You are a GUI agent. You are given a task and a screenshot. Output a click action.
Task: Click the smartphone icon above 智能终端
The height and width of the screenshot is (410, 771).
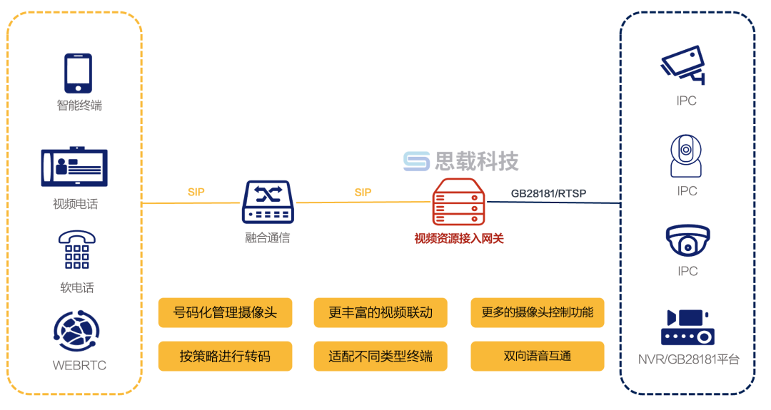[79, 73]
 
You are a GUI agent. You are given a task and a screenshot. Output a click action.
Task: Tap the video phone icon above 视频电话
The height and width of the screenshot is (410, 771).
[74, 168]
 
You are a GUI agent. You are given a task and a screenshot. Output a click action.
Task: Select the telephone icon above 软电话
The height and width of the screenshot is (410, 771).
[77, 250]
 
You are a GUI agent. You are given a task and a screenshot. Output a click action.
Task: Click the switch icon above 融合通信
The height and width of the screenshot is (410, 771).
[268, 203]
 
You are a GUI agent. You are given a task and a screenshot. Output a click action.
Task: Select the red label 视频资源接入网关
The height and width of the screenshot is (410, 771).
[459, 239]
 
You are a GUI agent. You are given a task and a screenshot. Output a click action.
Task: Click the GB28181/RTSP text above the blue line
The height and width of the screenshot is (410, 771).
[548, 193]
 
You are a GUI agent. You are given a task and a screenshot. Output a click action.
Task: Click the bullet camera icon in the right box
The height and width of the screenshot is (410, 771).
[683, 65]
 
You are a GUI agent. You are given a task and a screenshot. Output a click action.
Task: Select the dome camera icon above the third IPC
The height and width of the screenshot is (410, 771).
[687, 241]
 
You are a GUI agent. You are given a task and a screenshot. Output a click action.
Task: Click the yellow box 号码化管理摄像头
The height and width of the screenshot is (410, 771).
[225, 312]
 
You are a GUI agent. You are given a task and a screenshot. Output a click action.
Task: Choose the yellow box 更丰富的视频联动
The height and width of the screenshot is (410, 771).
[381, 312]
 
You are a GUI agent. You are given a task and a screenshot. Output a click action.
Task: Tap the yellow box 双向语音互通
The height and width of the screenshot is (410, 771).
[537, 356]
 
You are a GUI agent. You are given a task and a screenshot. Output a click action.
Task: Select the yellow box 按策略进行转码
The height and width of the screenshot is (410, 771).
[225, 356]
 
